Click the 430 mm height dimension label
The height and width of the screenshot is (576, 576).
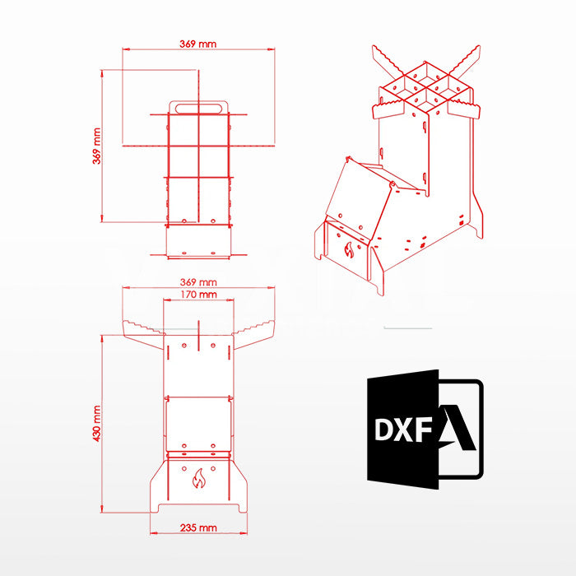96,424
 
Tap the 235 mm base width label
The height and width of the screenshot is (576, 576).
198,528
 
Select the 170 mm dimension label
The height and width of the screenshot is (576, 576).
198,295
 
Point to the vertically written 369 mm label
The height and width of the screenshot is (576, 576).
96,146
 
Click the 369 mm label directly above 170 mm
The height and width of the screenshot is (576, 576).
198,282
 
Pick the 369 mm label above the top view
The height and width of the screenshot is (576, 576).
198,44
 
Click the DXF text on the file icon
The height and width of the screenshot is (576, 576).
403,430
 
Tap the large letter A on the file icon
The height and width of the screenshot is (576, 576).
458,428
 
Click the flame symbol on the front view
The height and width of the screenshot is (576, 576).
199,478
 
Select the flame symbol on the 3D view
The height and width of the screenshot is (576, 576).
349,250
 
